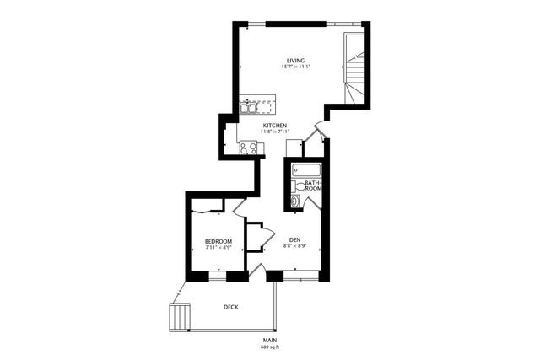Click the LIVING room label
coord(294,61)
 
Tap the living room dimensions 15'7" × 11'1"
coord(294,67)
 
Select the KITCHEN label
coord(275,126)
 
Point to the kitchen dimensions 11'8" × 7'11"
coord(275,132)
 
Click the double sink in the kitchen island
coord(249,107)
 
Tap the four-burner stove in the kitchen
coord(248,148)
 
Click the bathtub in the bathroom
coord(303,170)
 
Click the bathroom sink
coord(294,201)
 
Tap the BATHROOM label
coord(313,186)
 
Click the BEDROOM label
coord(219,242)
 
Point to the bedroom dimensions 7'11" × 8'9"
coord(219,249)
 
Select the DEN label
coord(295,239)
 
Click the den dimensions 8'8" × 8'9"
coord(295,245)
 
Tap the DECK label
coord(230,307)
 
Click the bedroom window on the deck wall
coord(217,276)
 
